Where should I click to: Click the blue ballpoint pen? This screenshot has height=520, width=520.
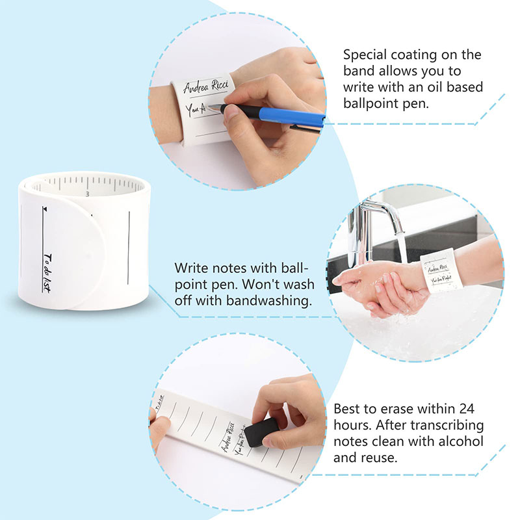(x=286, y=117)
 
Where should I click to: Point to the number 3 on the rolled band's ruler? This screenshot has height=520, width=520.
(x=87, y=193)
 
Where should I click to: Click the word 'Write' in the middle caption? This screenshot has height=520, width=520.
(x=192, y=268)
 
